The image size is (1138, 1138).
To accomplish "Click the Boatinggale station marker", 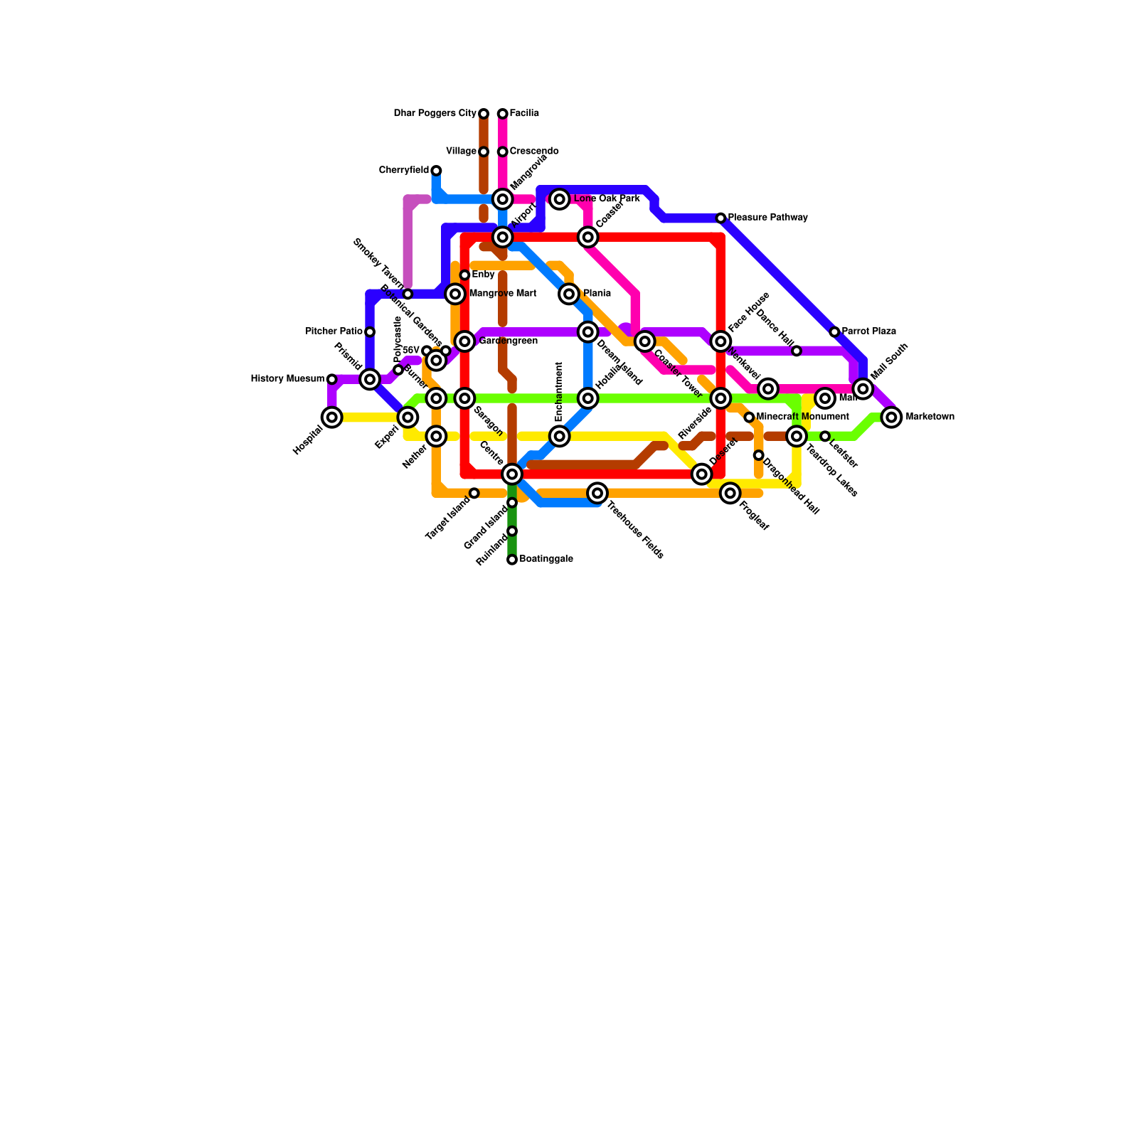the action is pyautogui.click(x=512, y=560).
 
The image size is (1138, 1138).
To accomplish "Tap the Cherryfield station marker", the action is pyautogui.click(x=436, y=171).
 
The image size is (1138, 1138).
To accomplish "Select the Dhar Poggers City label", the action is pyautogui.click(x=435, y=114).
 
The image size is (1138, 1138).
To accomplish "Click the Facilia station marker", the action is pyautogui.click(x=502, y=114).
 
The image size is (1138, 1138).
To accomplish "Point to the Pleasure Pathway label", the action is pyautogui.click(x=767, y=218).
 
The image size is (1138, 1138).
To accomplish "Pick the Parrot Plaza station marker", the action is pyautogui.click(x=834, y=332).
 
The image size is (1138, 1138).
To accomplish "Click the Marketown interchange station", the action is pyautogui.click(x=891, y=418).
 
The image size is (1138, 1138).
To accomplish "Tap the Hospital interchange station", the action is pyautogui.click(x=332, y=418).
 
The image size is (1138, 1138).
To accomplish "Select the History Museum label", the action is pyautogui.click(x=287, y=379).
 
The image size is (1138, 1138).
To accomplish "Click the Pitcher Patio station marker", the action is pyautogui.click(x=370, y=332).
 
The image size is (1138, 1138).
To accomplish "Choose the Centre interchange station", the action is pyautogui.click(x=512, y=474).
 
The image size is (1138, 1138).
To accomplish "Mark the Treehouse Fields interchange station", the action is pyautogui.click(x=597, y=493).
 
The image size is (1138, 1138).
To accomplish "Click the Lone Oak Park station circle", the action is pyautogui.click(x=560, y=199).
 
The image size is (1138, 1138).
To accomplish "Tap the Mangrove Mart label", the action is pyautogui.click(x=503, y=294).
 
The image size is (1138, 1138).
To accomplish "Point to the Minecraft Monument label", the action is pyautogui.click(x=802, y=417).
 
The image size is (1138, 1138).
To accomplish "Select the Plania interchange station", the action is pyautogui.click(x=569, y=294).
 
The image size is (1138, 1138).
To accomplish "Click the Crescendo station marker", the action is pyautogui.click(x=502, y=151).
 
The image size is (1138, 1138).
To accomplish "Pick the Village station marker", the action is pyautogui.click(x=484, y=151).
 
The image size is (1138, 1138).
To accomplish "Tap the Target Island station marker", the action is pyautogui.click(x=474, y=493).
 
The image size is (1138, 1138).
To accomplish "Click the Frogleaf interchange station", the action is pyautogui.click(x=730, y=493).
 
